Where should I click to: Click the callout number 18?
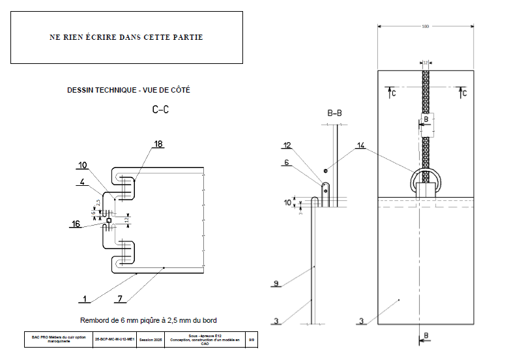pos(158,143)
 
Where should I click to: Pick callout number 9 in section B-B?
pos(276,284)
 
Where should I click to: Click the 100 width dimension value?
pos(425,26)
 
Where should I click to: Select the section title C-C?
pos(160,110)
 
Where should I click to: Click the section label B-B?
pos(334,113)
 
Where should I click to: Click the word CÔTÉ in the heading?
pos(179,90)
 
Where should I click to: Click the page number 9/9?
pos(253,340)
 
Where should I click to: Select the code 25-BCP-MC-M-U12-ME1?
pos(115,340)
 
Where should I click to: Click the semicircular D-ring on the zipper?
pos(426,175)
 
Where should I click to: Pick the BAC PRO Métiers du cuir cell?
pos(59,340)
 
